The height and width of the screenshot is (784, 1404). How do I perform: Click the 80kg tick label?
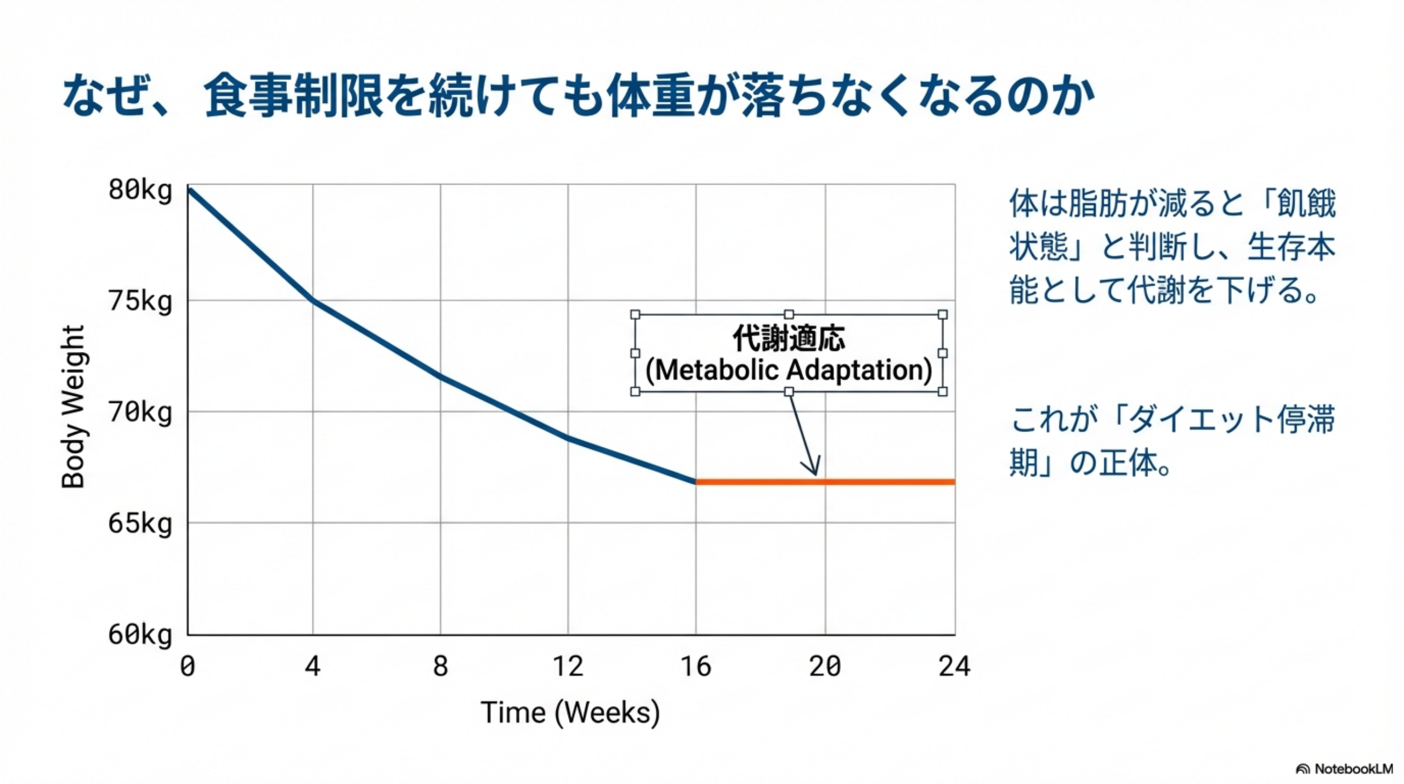coord(140,190)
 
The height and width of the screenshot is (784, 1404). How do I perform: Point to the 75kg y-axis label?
coord(140,301)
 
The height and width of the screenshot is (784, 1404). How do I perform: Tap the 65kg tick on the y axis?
coord(140,523)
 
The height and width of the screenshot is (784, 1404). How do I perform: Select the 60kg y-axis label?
coord(140,635)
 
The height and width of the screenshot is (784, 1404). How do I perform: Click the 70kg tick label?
coord(140,412)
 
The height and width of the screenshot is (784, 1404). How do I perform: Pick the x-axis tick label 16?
coord(695,667)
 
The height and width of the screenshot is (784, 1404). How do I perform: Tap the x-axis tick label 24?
coord(954,667)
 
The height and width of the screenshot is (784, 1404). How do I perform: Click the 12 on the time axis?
coord(568,667)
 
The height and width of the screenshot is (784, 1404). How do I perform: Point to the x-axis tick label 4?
coord(313,667)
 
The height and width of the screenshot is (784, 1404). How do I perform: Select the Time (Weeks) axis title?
coord(570,713)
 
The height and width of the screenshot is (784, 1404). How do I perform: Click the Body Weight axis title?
coord(73,407)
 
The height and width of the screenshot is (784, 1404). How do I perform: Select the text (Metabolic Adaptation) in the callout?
coord(789,370)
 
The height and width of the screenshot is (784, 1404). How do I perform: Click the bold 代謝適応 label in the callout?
coord(789,338)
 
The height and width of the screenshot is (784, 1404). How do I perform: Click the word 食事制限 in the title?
coord(293,96)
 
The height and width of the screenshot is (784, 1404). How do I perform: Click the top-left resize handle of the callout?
coord(635,314)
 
